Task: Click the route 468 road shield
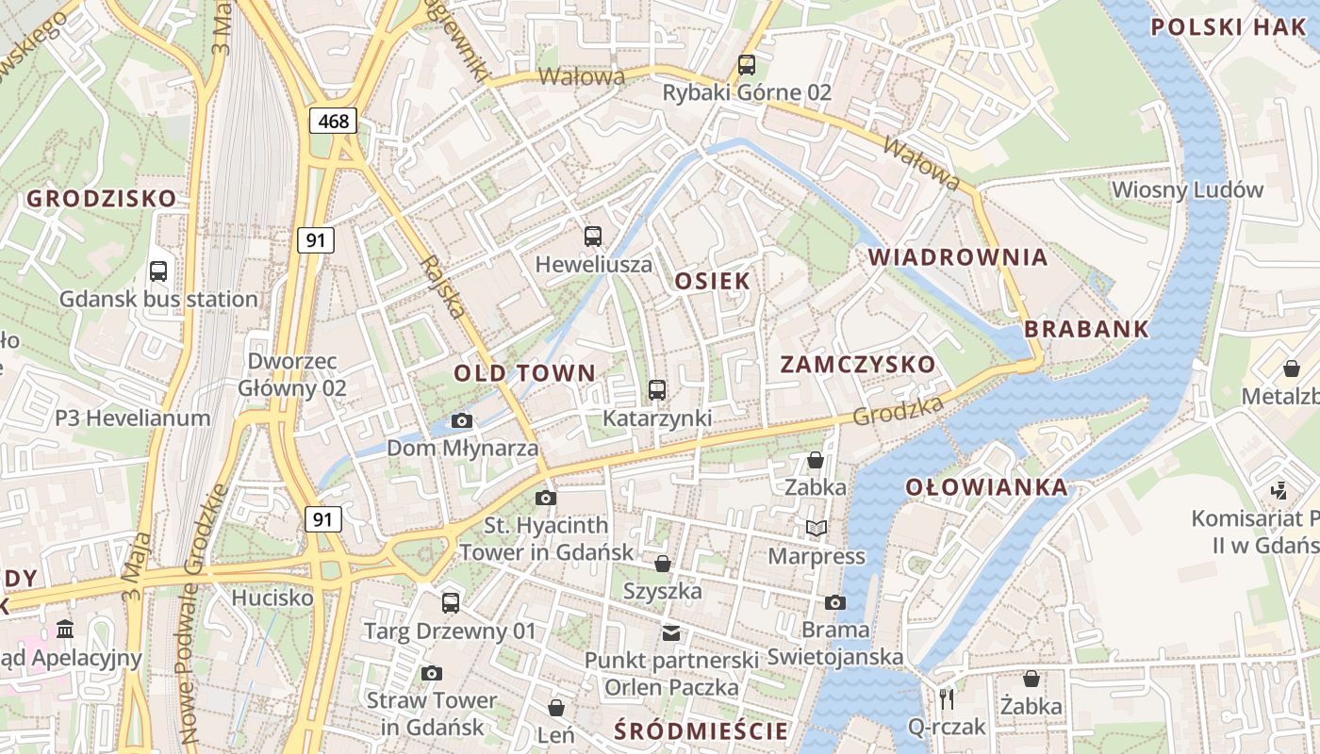(334, 121)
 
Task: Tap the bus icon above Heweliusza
(593, 237)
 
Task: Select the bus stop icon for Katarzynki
(657, 389)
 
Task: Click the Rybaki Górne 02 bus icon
(747, 65)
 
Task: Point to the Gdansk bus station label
(158, 300)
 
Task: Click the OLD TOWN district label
(525, 373)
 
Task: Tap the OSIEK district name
(713, 281)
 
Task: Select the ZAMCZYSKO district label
(858, 365)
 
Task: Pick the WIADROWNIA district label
(958, 257)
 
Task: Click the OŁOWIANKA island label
(987, 487)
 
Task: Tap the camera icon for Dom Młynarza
(462, 421)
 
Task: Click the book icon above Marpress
(816, 529)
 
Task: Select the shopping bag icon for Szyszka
(663, 564)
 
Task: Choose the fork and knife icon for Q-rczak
(948, 698)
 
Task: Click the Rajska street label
(444, 287)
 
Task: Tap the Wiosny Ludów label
(1187, 189)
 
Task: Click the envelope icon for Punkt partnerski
(670, 632)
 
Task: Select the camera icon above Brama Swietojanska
(834, 602)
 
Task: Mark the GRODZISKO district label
(101, 199)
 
